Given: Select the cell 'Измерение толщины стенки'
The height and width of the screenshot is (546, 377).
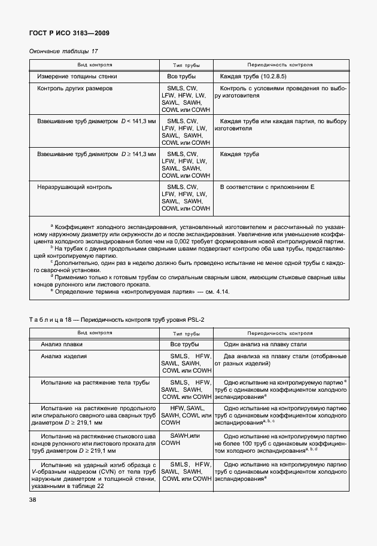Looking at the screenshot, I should click(77, 77).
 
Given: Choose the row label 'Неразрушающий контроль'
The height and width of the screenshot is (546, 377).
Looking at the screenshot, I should click(74, 187).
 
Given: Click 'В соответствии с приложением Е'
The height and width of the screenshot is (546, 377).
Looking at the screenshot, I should click(267, 187).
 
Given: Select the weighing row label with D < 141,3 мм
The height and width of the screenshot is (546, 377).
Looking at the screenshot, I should click(96, 121).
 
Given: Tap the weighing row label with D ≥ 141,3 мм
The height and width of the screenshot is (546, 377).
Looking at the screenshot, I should click(96, 154).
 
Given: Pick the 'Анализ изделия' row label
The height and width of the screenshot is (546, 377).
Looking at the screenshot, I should click(64, 356).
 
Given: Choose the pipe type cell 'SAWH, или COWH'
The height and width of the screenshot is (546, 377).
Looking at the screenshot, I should click(186, 440).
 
